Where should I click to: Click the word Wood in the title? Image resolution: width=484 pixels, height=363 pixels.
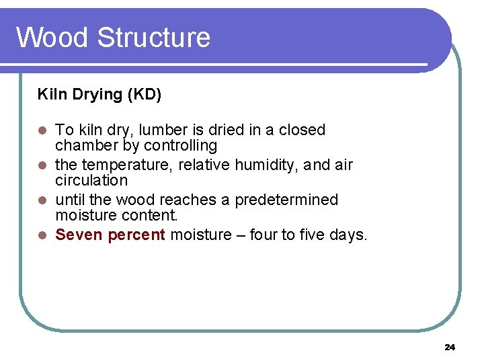[52, 37]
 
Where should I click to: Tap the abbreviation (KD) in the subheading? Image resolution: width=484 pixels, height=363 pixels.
[145, 94]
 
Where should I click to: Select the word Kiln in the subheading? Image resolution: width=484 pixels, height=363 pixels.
[50, 94]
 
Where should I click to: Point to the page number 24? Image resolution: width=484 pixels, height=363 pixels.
[450, 347]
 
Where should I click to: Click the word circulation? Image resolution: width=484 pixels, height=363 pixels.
[91, 180]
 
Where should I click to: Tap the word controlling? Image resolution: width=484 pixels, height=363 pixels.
[181, 145]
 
